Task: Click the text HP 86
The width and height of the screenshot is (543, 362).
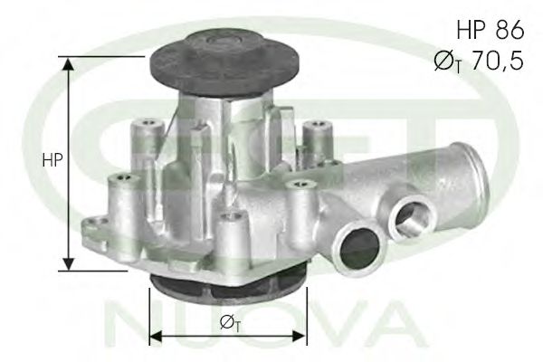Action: click(491, 30)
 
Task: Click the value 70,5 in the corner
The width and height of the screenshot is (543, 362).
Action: click(498, 61)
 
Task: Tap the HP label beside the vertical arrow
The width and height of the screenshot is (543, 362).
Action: click(52, 160)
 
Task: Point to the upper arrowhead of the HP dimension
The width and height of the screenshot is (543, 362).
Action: click(70, 63)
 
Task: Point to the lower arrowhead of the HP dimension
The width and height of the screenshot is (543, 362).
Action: click(70, 263)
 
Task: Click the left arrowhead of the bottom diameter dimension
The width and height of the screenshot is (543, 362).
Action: click(157, 336)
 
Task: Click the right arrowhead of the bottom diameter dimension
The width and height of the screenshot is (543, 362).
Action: click(300, 336)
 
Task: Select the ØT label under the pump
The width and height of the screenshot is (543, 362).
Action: click(230, 323)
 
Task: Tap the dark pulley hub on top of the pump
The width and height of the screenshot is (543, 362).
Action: click(224, 65)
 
